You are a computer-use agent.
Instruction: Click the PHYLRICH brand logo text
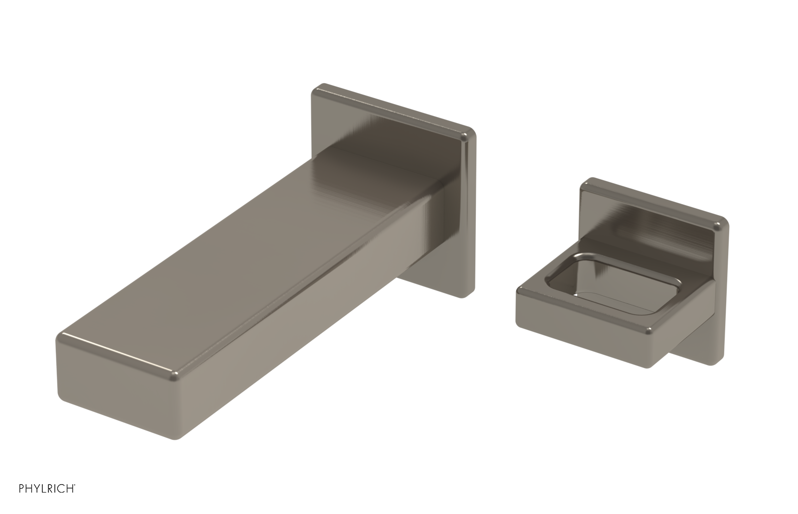[x=46, y=488]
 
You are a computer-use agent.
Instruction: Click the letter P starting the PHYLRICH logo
[x=21, y=488]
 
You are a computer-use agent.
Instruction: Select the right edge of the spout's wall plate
[x=470, y=214]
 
